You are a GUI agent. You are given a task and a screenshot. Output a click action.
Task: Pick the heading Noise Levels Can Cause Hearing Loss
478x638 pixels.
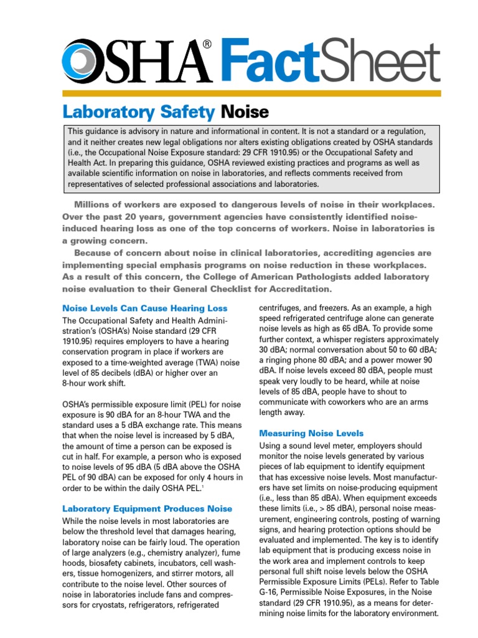(145, 308)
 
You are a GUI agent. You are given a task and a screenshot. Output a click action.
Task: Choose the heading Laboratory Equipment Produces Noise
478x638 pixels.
(148, 509)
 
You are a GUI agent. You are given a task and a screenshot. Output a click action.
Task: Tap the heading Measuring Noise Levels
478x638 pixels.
(311, 433)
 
